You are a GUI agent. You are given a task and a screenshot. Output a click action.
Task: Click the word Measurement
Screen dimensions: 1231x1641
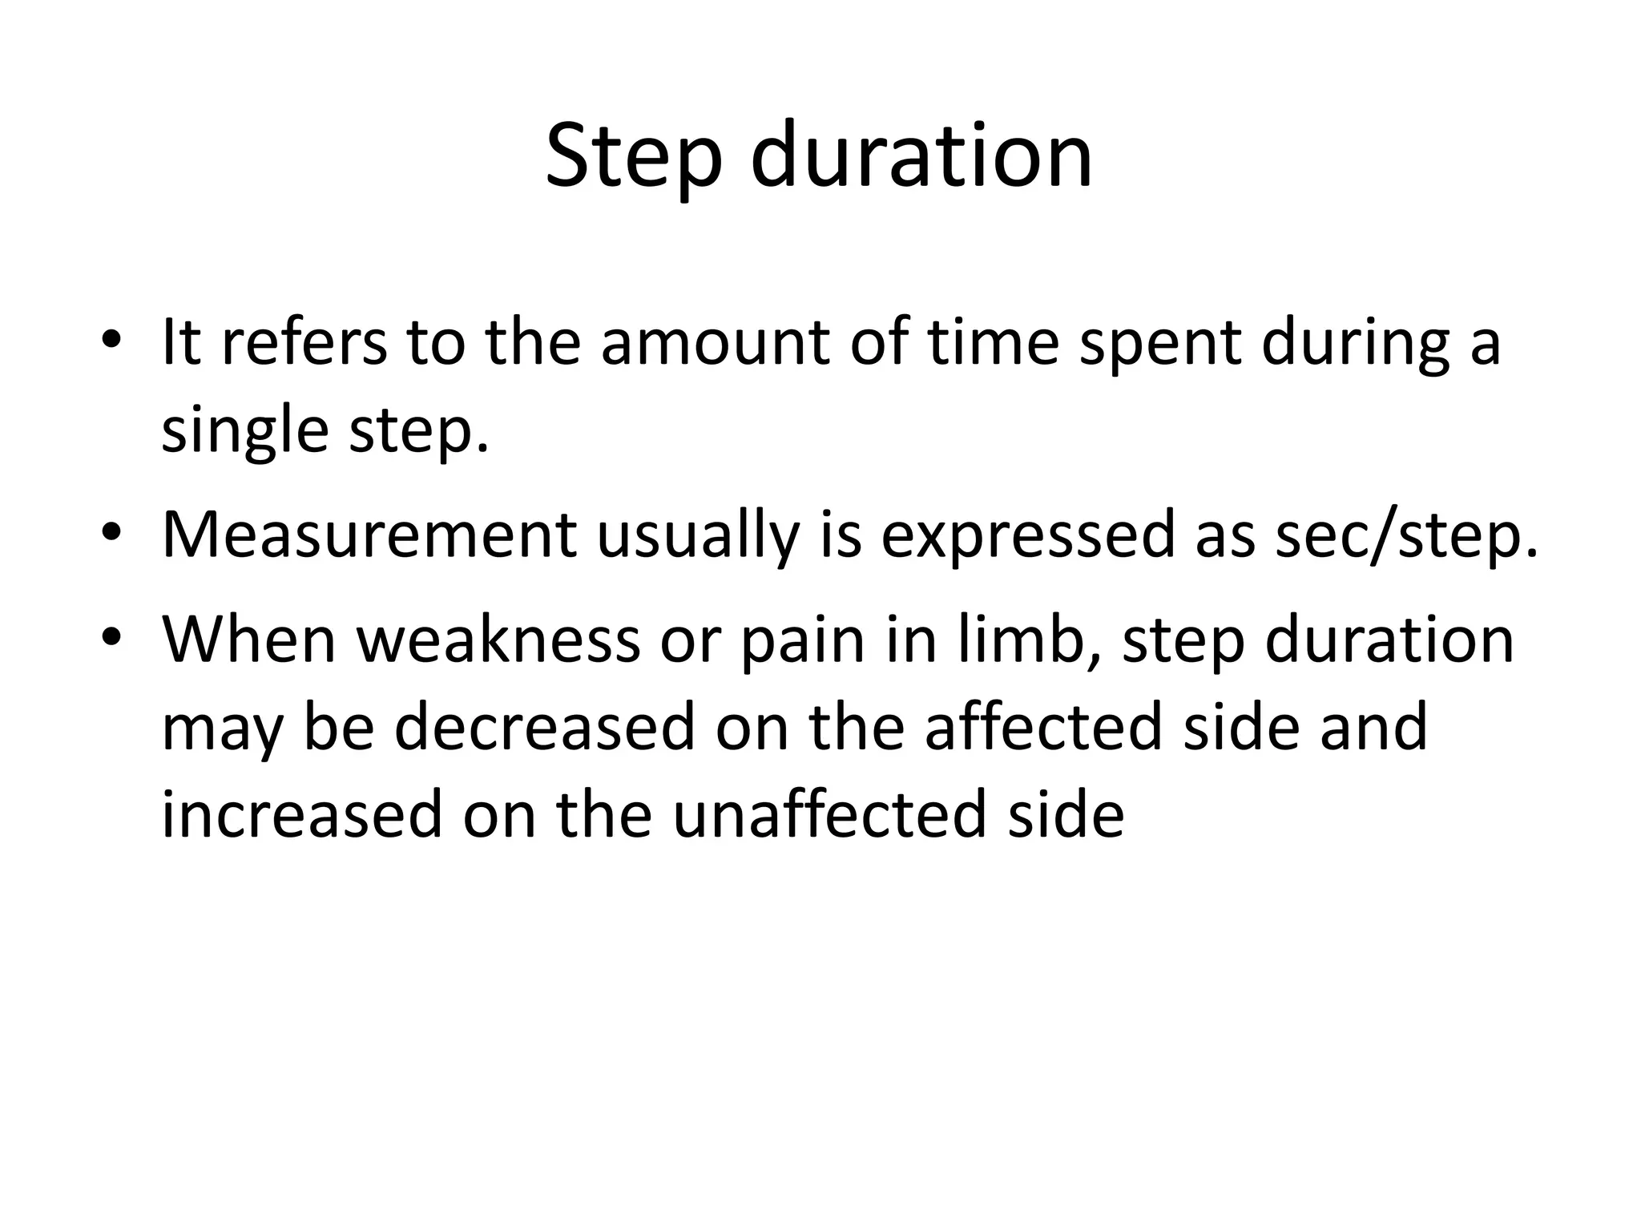(x=369, y=535)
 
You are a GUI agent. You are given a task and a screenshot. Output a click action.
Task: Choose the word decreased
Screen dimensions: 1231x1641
(x=545, y=727)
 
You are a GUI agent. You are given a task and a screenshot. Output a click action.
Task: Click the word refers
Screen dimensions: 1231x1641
(x=303, y=342)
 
